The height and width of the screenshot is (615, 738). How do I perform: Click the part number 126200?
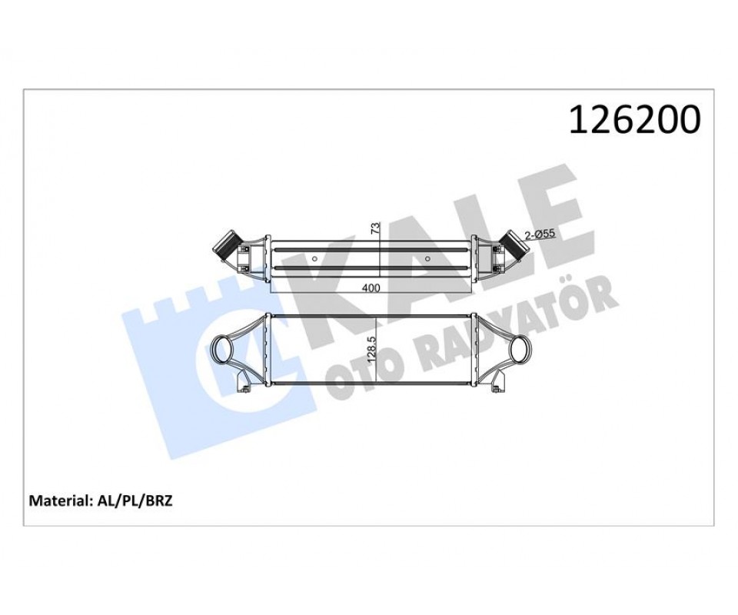point(634,120)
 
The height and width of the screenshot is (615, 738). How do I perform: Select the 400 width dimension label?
point(371,288)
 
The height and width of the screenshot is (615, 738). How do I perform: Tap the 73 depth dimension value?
point(375,228)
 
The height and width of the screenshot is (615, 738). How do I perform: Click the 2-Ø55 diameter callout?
point(540,234)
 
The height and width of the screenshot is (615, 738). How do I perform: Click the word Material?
point(59,500)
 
